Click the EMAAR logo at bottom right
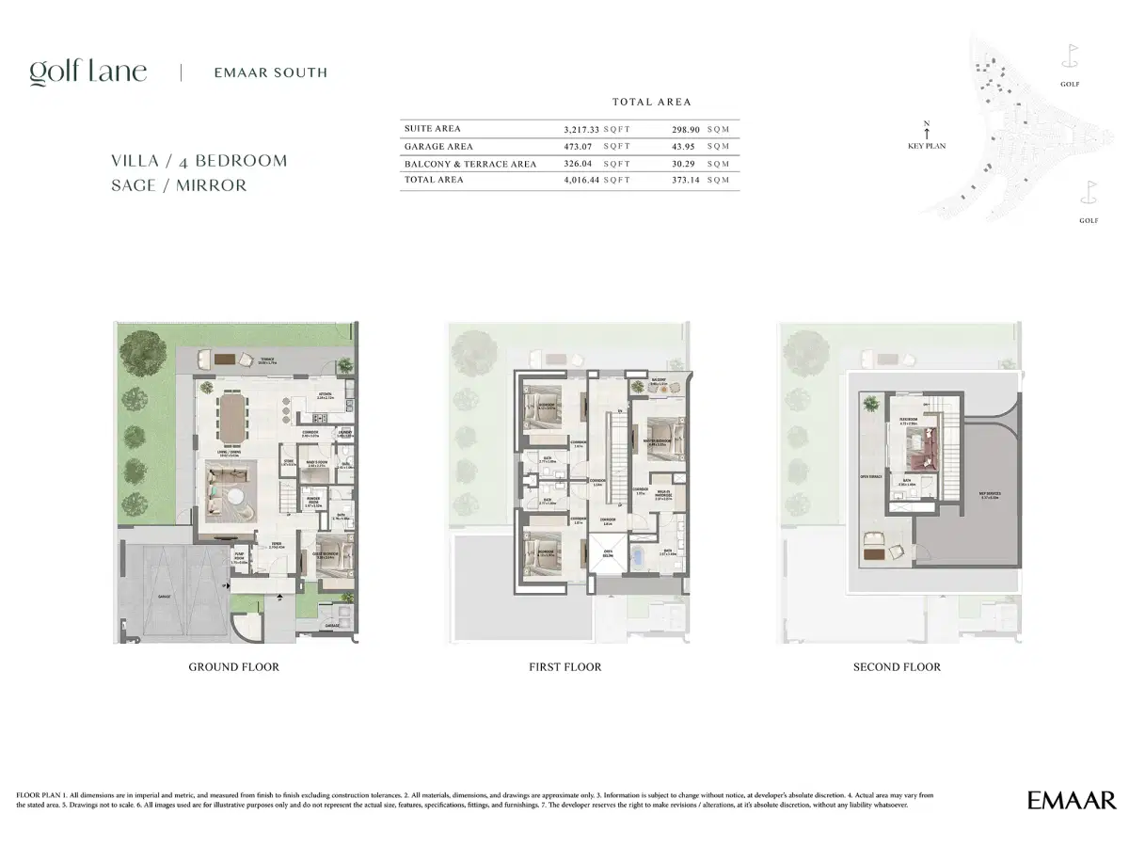pos(1072,801)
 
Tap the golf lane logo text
pos(87,72)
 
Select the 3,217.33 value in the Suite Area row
pos(580,128)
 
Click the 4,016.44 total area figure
pos(580,180)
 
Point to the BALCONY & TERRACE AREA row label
pos(469,164)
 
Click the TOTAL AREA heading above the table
pos(651,102)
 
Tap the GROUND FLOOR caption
pos(233,667)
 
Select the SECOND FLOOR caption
pos(896,667)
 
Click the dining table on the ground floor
pos(230,418)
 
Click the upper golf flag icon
pos(1070,56)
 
